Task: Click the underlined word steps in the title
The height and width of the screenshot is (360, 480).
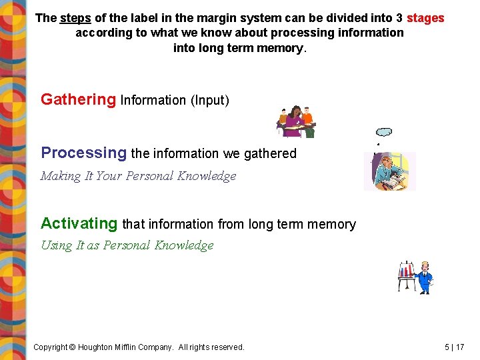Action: click(75, 18)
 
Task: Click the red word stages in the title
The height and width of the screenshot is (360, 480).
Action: click(425, 18)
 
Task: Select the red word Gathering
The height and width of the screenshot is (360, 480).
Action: click(78, 100)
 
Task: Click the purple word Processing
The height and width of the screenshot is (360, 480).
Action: click(83, 153)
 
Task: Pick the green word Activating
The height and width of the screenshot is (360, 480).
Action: click(79, 224)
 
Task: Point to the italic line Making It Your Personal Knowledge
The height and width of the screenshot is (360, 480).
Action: click(138, 176)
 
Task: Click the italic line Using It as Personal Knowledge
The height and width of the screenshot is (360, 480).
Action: click(127, 245)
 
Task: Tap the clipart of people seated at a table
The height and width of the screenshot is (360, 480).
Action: click(296, 121)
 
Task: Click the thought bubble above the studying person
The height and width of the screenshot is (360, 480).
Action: click(384, 132)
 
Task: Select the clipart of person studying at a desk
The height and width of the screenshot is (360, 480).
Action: click(389, 171)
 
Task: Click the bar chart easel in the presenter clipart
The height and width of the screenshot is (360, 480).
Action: click(406, 275)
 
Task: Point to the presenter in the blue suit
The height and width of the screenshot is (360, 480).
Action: click(424, 276)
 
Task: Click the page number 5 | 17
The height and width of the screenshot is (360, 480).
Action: click(455, 347)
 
